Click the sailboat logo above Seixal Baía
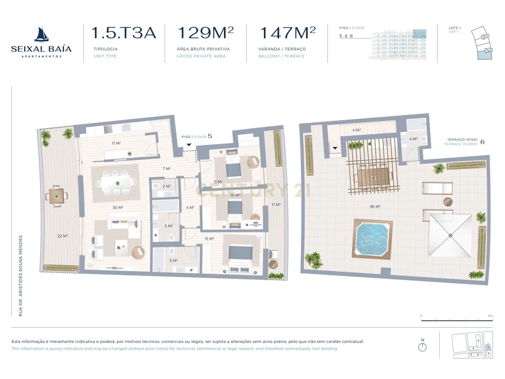tap(41, 35)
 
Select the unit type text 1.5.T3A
tap(124, 33)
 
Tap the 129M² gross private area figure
tap(205, 33)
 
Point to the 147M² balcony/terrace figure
tap(288, 33)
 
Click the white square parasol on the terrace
tap(450, 235)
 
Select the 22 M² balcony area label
tap(62, 236)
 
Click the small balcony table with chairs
tap(56, 196)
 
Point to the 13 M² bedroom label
tap(209, 239)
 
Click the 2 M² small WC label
tap(167, 187)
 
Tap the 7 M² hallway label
tap(167, 169)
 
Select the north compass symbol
tap(422, 347)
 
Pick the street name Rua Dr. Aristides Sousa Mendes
tap(21, 275)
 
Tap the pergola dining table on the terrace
tap(374, 176)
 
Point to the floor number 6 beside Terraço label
tap(482, 142)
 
